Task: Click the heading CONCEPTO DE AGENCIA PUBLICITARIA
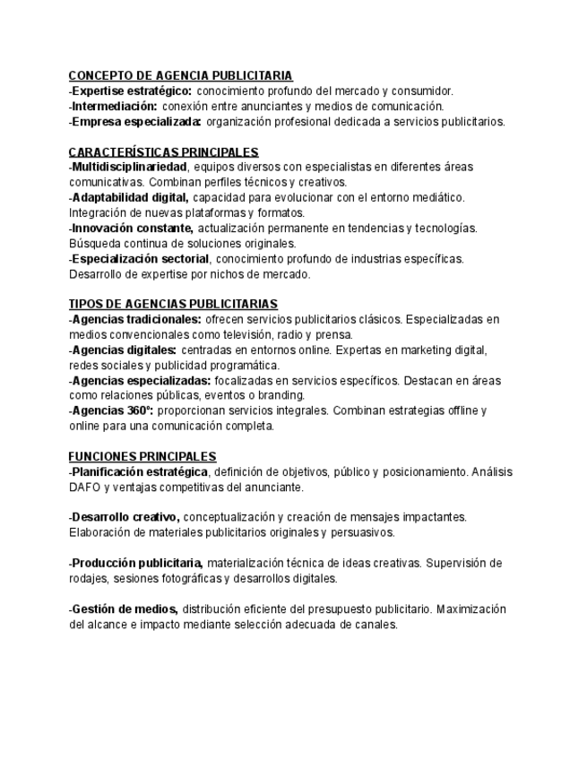click(x=180, y=75)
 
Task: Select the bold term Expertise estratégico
click(x=132, y=91)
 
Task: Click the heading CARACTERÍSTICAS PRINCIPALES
click(x=163, y=151)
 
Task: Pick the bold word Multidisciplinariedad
click(x=129, y=167)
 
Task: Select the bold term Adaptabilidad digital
click(x=130, y=197)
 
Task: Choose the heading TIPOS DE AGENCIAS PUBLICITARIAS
click(x=173, y=304)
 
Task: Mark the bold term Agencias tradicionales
click(x=136, y=319)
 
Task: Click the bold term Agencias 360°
click(x=113, y=410)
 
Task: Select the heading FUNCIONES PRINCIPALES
click(x=142, y=456)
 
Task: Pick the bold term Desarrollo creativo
click(x=126, y=517)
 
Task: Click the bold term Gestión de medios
click(x=125, y=609)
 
